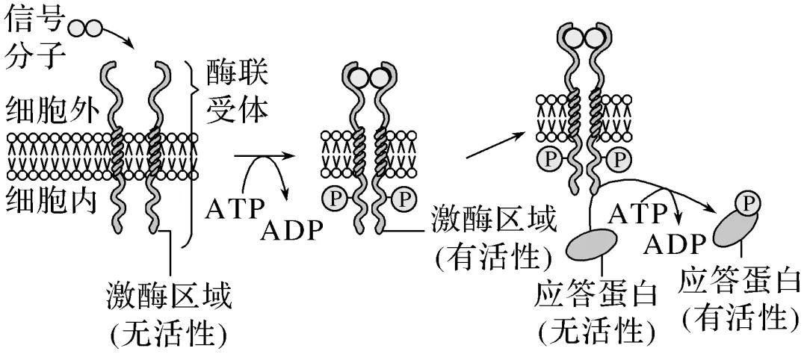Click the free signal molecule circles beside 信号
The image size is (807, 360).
(84, 28)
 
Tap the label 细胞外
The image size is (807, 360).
(43, 114)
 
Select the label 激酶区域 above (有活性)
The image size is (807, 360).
(495, 222)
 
